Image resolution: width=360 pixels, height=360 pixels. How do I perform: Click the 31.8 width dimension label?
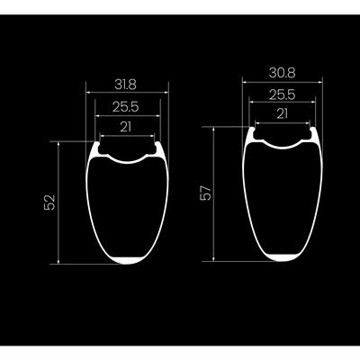pos(125,85)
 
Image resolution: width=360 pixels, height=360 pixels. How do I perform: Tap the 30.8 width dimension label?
pos(282,73)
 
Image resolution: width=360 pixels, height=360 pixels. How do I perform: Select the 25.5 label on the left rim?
pos(126,107)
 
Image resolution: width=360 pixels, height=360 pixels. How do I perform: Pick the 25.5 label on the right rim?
pos(283,95)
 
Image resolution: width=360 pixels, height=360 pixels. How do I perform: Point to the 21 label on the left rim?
pos(126,127)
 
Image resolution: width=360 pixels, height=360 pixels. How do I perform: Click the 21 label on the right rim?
pos(282,114)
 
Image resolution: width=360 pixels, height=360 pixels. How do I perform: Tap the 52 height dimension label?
pos(49,202)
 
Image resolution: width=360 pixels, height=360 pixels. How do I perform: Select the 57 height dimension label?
pos(206,193)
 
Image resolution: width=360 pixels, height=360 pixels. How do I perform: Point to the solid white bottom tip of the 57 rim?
pos(283,257)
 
